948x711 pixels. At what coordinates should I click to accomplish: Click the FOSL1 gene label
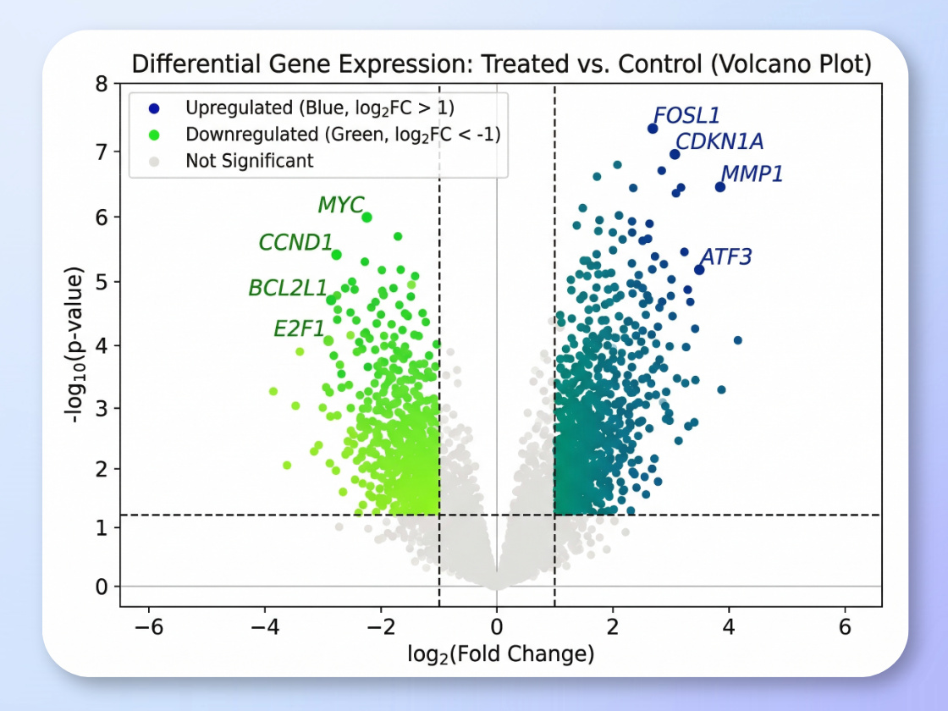(x=686, y=116)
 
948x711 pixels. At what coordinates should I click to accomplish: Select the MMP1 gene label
(x=752, y=174)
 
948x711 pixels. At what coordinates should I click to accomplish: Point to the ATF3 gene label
(x=726, y=256)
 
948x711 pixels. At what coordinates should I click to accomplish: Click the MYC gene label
(x=340, y=205)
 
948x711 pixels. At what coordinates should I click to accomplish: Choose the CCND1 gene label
(x=295, y=243)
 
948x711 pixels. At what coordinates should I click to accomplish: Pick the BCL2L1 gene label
(x=288, y=288)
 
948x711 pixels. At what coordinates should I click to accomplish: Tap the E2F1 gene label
(x=300, y=328)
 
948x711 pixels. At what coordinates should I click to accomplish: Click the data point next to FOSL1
(x=653, y=129)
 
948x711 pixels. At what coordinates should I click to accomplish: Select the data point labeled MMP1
(x=720, y=186)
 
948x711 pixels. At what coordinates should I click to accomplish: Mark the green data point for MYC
(x=367, y=218)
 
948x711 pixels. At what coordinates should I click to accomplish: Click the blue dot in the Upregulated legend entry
(x=153, y=107)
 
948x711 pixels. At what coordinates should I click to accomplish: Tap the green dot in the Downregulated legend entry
(x=153, y=134)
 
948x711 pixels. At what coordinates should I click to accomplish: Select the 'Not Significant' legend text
(x=250, y=160)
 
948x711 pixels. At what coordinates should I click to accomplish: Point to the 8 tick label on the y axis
(x=102, y=84)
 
